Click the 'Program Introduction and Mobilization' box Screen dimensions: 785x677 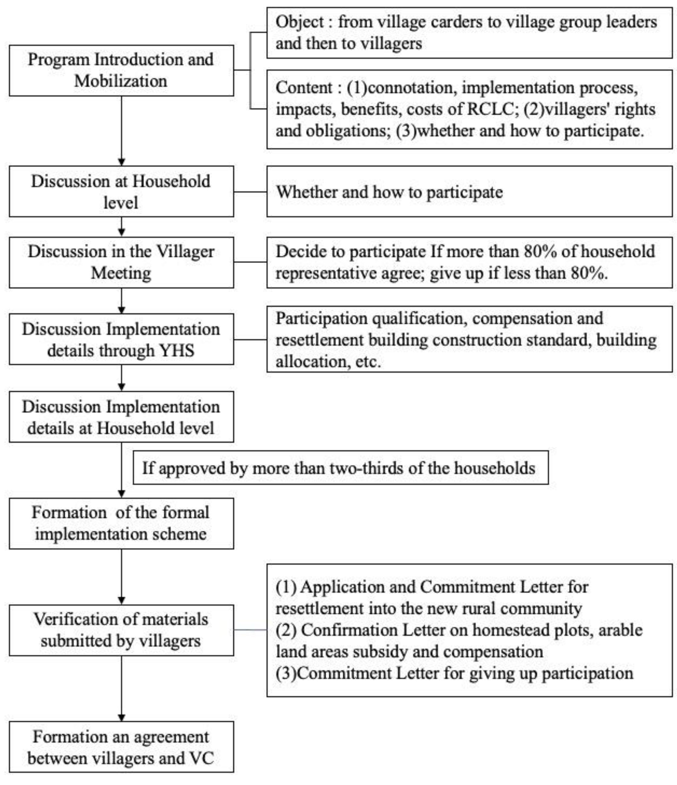pos(121,70)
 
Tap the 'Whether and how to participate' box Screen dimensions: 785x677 pos(469,192)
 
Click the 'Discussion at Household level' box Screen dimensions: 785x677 pos(121,192)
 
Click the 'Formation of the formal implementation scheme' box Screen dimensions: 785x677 pos(121,523)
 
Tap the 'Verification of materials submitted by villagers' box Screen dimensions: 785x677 pos(121,630)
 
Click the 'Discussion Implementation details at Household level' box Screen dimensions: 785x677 pos(121,417)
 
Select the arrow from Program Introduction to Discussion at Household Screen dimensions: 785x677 pos(122,131)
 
